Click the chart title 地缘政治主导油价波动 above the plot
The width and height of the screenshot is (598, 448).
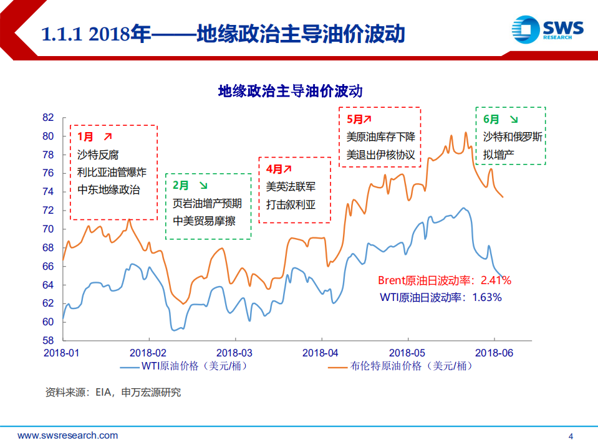tap(290, 92)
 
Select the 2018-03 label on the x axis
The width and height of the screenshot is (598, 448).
tap(234, 353)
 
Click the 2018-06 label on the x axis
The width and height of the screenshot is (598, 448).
tap(494, 353)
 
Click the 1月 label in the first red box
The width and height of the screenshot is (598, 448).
tap(85, 136)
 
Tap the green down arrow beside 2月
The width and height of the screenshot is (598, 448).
tap(203, 185)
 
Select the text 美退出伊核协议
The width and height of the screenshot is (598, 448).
tap(380, 153)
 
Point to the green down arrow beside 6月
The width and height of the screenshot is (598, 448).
tap(514, 119)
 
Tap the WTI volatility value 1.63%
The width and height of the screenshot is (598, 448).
tap(487, 297)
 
